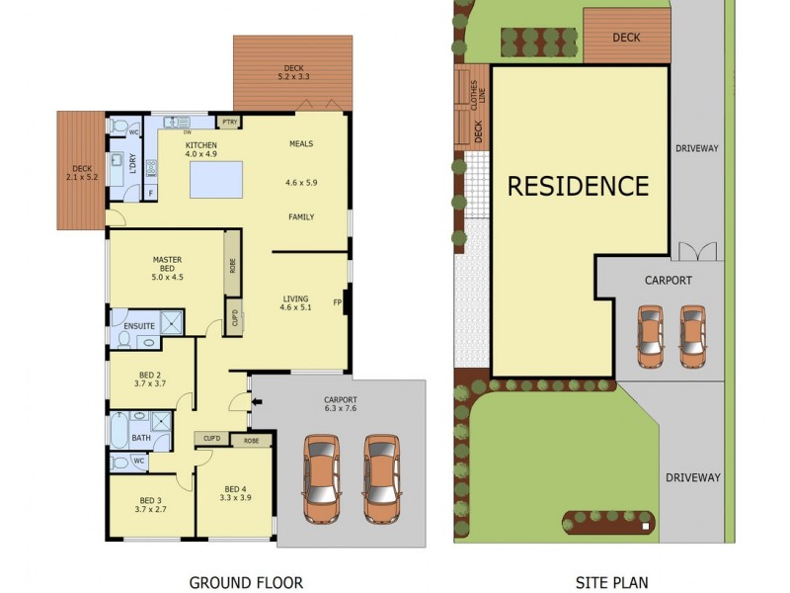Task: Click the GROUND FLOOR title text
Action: [x=246, y=582]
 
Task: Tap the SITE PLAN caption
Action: [x=612, y=582]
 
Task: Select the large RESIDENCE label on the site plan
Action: [x=579, y=186]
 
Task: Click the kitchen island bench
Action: [x=215, y=181]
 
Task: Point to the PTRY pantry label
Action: [x=229, y=122]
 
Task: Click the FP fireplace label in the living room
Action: [x=337, y=302]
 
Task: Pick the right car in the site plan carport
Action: [x=693, y=336]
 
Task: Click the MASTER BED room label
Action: [x=168, y=268]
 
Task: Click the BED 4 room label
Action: [x=235, y=493]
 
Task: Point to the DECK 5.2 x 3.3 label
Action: [x=293, y=71]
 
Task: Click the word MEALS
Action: [x=300, y=144]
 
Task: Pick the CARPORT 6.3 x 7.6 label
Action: [x=340, y=404]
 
